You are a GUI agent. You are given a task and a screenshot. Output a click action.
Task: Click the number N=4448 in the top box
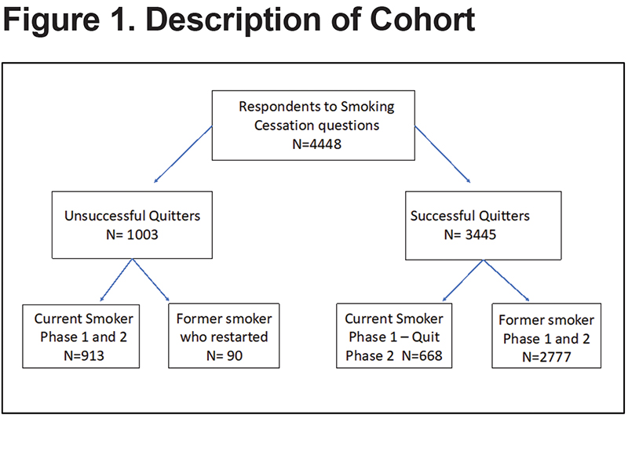click(x=317, y=144)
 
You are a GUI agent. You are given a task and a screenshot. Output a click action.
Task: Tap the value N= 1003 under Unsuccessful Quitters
click(x=132, y=235)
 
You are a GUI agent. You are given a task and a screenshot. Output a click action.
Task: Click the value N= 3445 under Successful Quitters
click(x=469, y=235)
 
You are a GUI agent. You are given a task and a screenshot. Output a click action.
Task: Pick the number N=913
click(x=84, y=355)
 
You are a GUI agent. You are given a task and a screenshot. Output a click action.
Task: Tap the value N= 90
click(x=225, y=355)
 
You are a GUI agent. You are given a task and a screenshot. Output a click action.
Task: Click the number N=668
click(x=422, y=355)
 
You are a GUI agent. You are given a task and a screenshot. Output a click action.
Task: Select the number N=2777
click(x=546, y=357)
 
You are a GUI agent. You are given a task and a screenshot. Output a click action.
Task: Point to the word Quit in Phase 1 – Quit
click(x=425, y=337)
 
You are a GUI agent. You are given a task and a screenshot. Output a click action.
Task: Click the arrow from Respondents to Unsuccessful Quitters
click(x=183, y=154)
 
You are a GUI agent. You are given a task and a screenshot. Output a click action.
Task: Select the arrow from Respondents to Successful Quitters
click(x=443, y=154)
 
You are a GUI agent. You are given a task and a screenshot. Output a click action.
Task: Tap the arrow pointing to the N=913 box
click(x=116, y=280)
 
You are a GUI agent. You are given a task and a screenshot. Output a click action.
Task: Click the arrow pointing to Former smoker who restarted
click(x=151, y=280)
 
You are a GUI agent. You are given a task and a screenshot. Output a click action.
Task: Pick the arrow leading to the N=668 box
click(x=463, y=281)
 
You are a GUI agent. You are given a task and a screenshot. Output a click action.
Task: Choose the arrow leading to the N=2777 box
click(x=506, y=281)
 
